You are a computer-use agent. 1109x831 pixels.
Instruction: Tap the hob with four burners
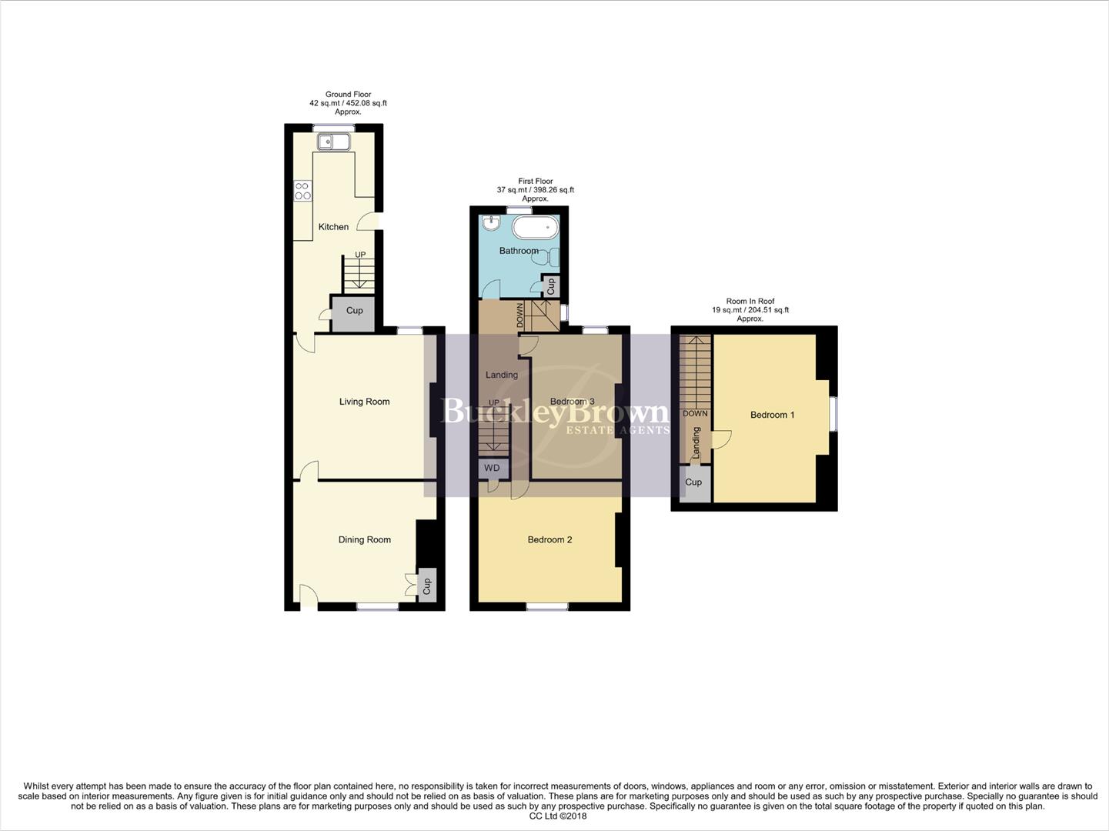pos(302,190)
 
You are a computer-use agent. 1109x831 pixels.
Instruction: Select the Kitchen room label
pos(333,227)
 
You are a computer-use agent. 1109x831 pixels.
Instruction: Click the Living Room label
pos(364,402)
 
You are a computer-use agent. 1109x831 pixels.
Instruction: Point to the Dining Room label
pos(364,540)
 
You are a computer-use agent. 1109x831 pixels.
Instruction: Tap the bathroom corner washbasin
pos(490,222)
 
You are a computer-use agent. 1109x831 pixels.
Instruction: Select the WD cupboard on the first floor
pos(492,468)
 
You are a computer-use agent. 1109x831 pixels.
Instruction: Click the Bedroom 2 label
pos(549,540)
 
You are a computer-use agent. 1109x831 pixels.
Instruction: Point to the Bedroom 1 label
pos(772,415)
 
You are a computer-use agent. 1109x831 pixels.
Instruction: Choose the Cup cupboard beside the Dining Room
pos(427,586)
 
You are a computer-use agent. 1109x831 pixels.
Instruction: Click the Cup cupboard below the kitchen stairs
pos(354,311)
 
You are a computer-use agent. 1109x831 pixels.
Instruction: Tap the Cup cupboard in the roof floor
pos(693,482)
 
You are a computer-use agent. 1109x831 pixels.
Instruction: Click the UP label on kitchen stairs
pos(359,255)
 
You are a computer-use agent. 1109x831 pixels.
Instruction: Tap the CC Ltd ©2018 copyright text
pos(554,816)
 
